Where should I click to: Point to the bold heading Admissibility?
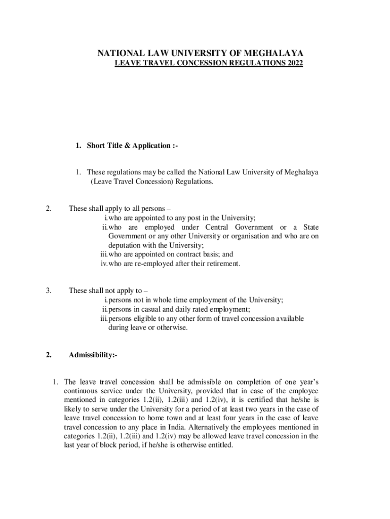pos(93,356)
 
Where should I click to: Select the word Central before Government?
pos(223,227)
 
